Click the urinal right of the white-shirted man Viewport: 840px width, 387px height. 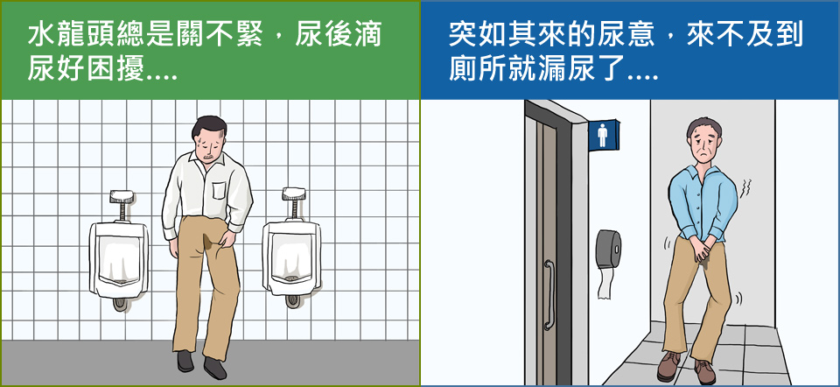click(x=291, y=257)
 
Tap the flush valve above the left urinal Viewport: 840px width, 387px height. click(x=121, y=205)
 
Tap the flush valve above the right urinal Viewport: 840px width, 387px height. click(x=294, y=203)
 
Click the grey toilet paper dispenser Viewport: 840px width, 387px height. click(x=609, y=250)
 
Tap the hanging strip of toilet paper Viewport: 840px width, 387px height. click(x=605, y=284)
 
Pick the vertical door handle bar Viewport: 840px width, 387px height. click(x=549, y=294)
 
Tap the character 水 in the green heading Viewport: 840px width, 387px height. click(x=39, y=36)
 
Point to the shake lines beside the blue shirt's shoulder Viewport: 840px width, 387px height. click(x=745, y=188)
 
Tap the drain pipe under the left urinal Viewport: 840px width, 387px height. click(x=120, y=303)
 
